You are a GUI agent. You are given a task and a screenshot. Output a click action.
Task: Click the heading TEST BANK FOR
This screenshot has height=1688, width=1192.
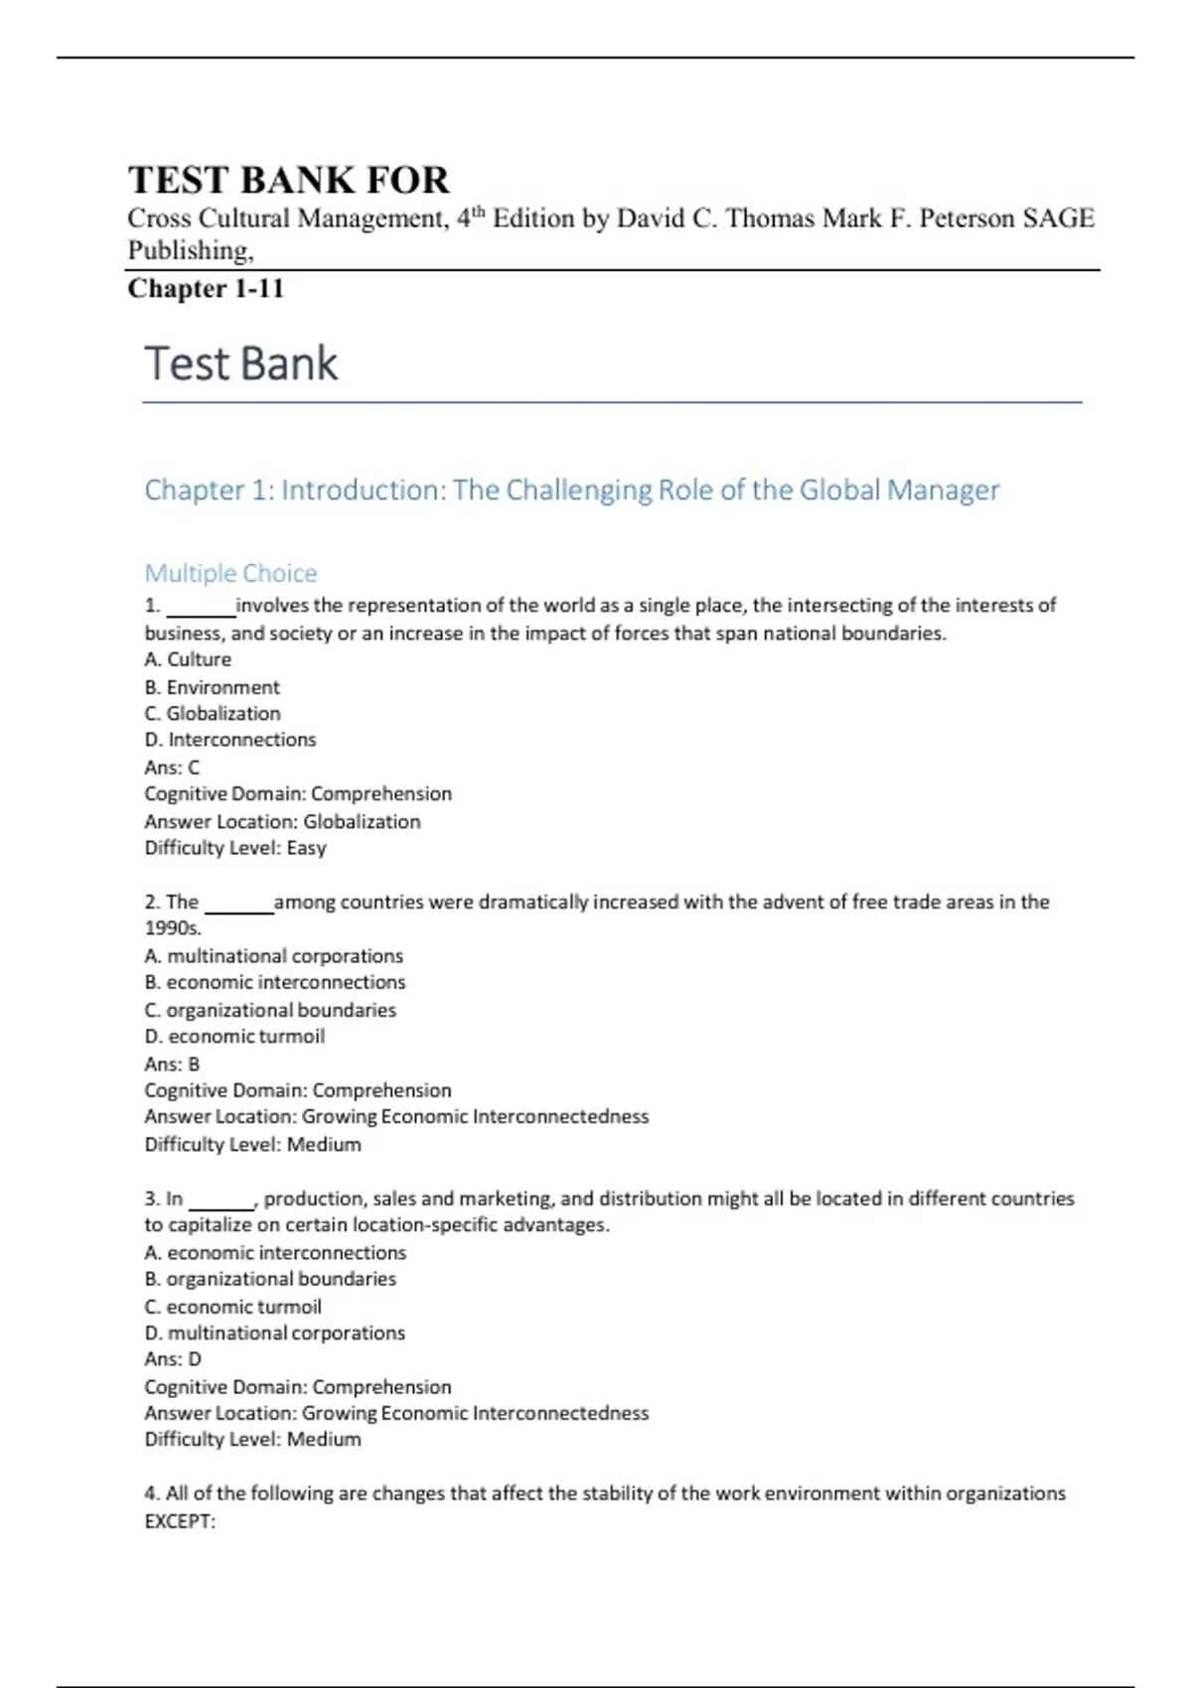coord(288,180)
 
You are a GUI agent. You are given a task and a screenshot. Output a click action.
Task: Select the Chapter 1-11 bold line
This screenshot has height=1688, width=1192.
coord(206,289)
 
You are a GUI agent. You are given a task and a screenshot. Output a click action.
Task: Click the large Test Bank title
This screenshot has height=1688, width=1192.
coord(241,363)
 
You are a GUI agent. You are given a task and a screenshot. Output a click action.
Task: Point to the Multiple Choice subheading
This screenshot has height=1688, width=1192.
coord(230,573)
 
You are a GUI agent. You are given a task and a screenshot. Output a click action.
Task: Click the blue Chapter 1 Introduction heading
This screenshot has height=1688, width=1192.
coord(571,490)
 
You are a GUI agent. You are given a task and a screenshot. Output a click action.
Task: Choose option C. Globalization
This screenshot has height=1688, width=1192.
coord(213,713)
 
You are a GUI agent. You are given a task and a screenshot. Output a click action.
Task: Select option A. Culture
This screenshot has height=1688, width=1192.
coord(188,659)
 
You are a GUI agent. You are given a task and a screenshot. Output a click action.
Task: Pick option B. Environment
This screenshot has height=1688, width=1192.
coord(213,687)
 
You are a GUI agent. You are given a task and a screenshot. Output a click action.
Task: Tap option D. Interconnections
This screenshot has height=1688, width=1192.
coord(230,740)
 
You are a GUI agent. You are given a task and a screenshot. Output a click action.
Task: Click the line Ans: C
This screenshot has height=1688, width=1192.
coord(172,768)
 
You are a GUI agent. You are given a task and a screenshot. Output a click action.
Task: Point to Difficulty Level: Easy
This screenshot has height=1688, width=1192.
coord(235,848)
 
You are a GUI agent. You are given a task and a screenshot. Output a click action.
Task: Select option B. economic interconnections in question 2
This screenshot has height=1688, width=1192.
coord(275,982)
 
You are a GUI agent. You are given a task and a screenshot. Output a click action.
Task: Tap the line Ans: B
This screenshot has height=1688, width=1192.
coord(172,1063)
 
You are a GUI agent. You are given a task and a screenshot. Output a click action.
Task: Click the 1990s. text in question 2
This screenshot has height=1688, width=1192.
coord(173,928)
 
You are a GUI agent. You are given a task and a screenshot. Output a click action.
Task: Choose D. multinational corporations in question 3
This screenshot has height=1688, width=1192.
coord(275,1333)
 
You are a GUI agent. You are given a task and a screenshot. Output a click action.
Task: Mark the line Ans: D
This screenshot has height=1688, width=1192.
coord(173,1359)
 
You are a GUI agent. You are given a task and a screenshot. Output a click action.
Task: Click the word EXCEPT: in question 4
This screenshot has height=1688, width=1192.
coord(180,1521)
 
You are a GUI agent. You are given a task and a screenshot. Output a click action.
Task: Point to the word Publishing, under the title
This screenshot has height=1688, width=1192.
coord(191,250)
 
